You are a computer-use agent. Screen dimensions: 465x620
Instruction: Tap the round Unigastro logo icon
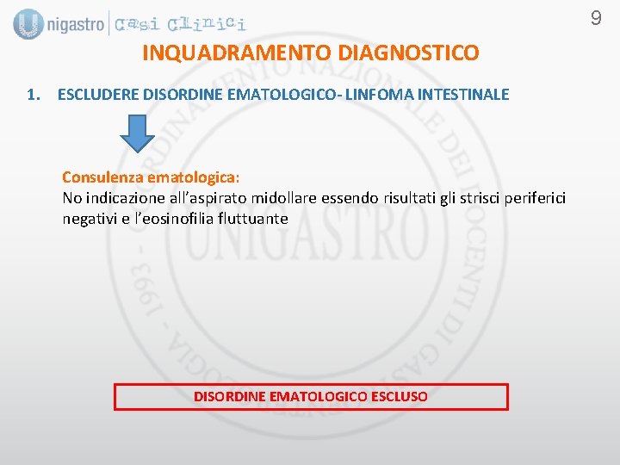tap(28, 24)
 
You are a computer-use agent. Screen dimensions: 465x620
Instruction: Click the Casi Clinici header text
tap(181, 24)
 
